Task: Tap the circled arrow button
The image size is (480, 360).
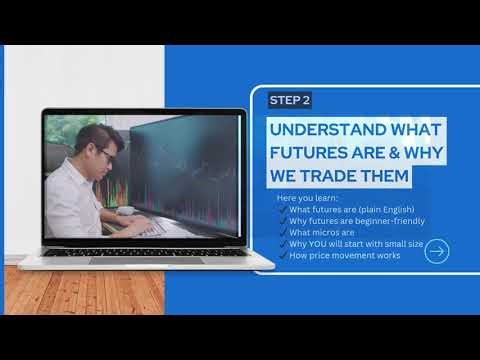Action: pyautogui.click(x=436, y=252)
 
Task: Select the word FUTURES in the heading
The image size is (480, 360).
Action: pyautogui.click(x=310, y=154)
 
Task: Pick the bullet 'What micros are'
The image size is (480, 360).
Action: pyautogui.click(x=321, y=232)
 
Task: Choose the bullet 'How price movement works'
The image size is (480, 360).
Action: pyautogui.click(x=342, y=255)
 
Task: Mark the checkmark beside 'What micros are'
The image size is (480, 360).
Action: pyautogui.click(x=282, y=232)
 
